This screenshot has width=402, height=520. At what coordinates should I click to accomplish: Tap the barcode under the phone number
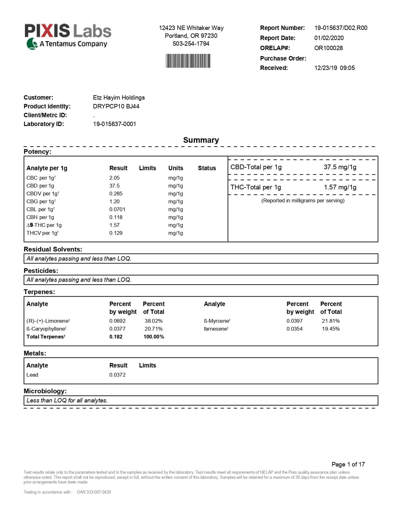(x=188, y=61)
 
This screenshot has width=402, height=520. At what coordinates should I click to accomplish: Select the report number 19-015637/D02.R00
(x=341, y=28)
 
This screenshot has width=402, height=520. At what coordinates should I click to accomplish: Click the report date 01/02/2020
(x=329, y=38)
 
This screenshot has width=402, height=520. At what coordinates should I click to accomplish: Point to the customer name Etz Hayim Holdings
(x=119, y=97)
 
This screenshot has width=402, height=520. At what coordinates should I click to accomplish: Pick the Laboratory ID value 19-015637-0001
(x=114, y=124)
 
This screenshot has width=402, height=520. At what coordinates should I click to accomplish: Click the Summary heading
(x=201, y=140)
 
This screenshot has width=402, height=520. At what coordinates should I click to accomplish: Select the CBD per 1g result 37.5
(x=114, y=186)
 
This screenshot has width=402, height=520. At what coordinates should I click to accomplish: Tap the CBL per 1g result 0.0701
(x=117, y=209)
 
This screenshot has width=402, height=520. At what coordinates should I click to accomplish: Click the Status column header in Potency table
(x=207, y=168)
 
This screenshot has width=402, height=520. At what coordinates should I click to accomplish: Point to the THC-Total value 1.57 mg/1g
(x=340, y=187)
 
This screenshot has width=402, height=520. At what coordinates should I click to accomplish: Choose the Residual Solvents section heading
(x=53, y=249)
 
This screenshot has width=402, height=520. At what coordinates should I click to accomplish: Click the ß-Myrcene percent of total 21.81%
(x=330, y=321)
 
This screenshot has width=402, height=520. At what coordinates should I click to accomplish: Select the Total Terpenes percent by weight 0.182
(x=116, y=337)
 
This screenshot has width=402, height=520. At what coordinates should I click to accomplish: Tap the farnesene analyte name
(x=216, y=329)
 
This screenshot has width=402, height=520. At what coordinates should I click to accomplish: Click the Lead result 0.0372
(x=117, y=375)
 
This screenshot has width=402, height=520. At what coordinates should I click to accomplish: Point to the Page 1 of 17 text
(x=348, y=464)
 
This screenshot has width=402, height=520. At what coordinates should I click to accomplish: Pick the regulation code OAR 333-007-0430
(x=94, y=492)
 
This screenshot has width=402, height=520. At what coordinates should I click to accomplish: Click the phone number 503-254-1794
(x=191, y=43)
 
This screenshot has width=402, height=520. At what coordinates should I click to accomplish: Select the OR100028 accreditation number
(x=328, y=48)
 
